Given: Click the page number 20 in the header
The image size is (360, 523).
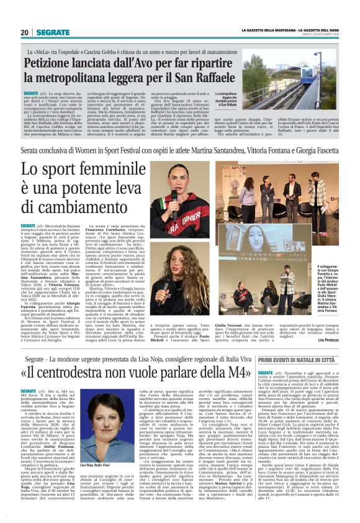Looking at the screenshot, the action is pos(25,32).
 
